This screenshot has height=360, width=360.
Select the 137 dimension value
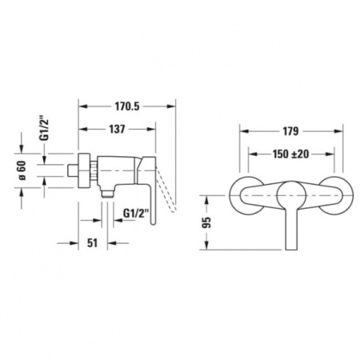click(118, 129)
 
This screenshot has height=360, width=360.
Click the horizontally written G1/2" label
click(138, 212)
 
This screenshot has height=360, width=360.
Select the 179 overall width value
click(290, 131)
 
